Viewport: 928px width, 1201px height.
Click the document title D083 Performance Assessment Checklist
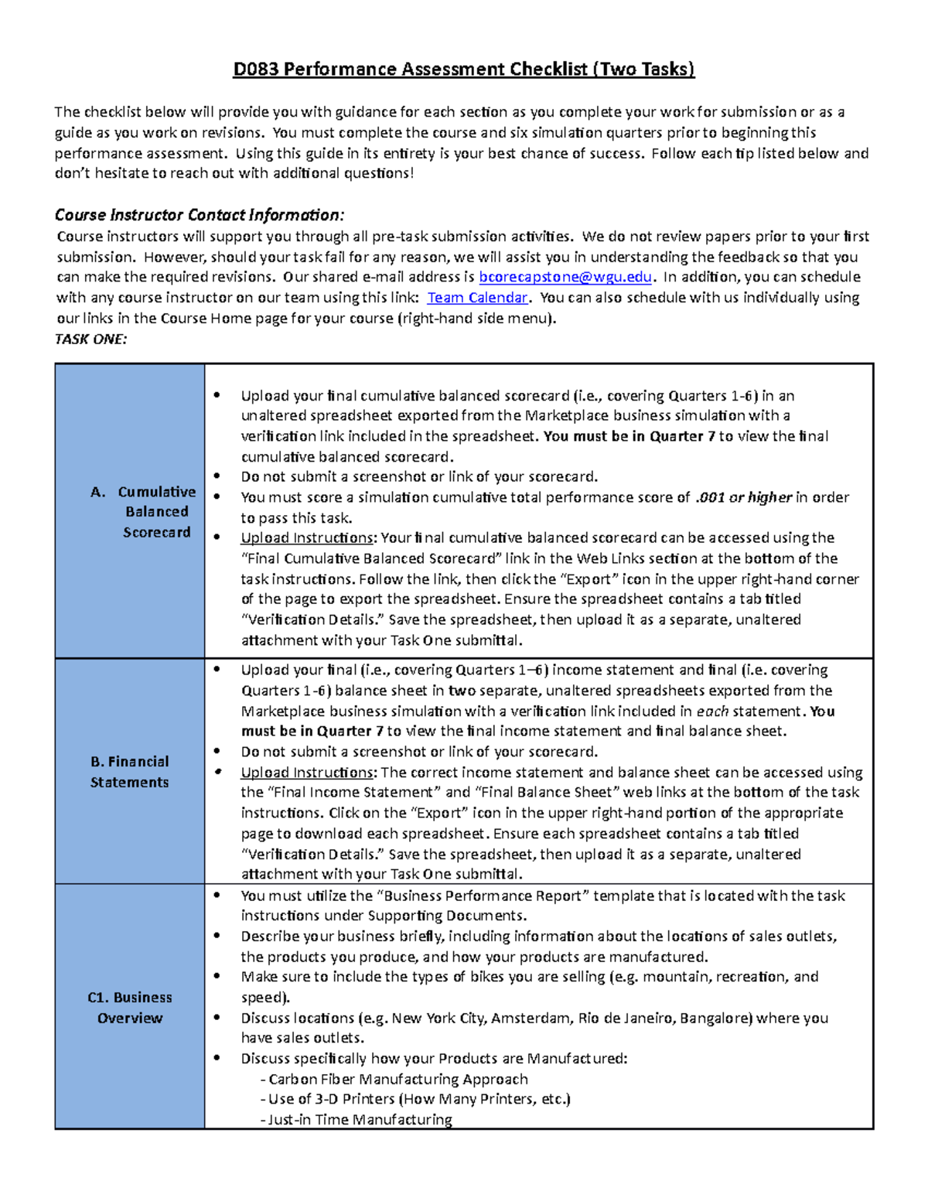pos(463,70)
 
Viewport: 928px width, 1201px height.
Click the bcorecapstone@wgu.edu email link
pos(565,277)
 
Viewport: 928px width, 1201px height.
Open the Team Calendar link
pos(477,298)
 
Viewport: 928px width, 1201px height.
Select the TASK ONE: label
pos(90,339)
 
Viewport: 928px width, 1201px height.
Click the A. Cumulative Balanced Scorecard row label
pos(144,512)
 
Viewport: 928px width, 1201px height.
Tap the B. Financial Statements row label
pos(129,772)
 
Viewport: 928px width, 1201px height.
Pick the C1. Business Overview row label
pos(129,1008)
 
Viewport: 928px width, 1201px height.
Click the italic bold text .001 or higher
pos(743,497)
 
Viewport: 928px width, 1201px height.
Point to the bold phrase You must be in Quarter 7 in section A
pos(629,436)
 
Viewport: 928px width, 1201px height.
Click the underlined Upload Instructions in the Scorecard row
pos(306,537)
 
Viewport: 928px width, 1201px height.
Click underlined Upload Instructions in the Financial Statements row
pos(306,772)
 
